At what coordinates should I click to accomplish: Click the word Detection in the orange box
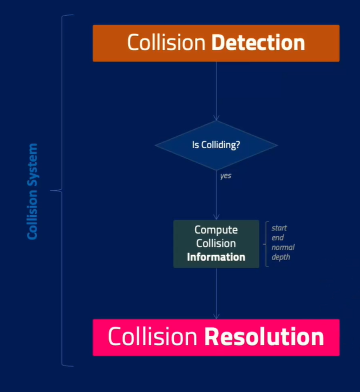coord(258,43)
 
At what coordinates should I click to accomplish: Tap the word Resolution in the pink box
coord(264,337)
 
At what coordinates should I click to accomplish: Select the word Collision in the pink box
coord(152,337)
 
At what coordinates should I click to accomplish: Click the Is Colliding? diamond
coord(216,145)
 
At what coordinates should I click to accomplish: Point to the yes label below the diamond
coord(226,176)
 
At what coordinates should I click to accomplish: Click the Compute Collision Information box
coord(216,244)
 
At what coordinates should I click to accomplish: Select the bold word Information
coord(216,257)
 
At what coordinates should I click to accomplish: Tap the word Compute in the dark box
coord(216,230)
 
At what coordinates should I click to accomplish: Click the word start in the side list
coord(279,228)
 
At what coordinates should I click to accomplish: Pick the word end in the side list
coord(278,238)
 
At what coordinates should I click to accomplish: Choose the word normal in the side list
coord(283,248)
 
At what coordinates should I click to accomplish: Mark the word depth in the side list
coord(280,257)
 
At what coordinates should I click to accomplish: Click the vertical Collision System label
coord(33,191)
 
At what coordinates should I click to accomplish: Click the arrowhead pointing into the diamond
coord(216,118)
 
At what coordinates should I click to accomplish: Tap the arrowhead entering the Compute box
coord(216,217)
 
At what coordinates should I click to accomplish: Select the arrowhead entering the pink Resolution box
coord(216,316)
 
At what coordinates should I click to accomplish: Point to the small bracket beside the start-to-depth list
coord(266,243)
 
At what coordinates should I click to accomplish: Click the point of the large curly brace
coord(52,190)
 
